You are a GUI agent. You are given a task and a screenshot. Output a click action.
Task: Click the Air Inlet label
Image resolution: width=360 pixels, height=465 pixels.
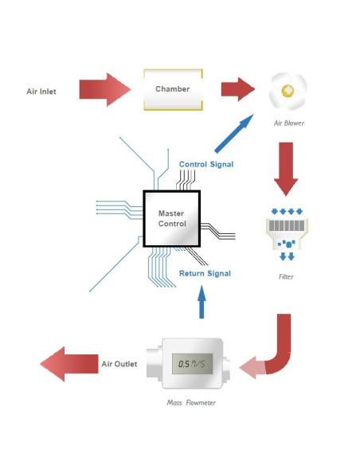[41, 91]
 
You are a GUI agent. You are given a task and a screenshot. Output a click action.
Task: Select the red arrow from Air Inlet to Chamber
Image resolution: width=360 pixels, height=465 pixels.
[104, 90]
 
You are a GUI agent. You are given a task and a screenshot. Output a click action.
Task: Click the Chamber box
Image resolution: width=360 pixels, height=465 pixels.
[172, 90]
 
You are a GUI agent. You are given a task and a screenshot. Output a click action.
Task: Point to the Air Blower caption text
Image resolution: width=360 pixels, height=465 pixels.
[289, 123]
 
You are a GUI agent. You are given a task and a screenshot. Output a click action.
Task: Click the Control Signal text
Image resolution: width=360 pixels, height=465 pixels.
[205, 164]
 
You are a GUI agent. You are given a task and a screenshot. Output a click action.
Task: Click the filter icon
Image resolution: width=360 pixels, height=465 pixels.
[286, 234]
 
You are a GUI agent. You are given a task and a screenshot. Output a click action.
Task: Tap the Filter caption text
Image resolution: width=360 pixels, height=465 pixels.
[286, 277]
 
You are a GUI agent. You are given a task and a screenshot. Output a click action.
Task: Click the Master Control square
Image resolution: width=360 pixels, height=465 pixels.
[171, 218]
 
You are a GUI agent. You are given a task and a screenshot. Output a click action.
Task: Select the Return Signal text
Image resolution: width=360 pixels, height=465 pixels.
[205, 273]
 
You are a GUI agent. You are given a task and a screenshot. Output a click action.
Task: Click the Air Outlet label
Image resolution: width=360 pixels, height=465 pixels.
[119, 365]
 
